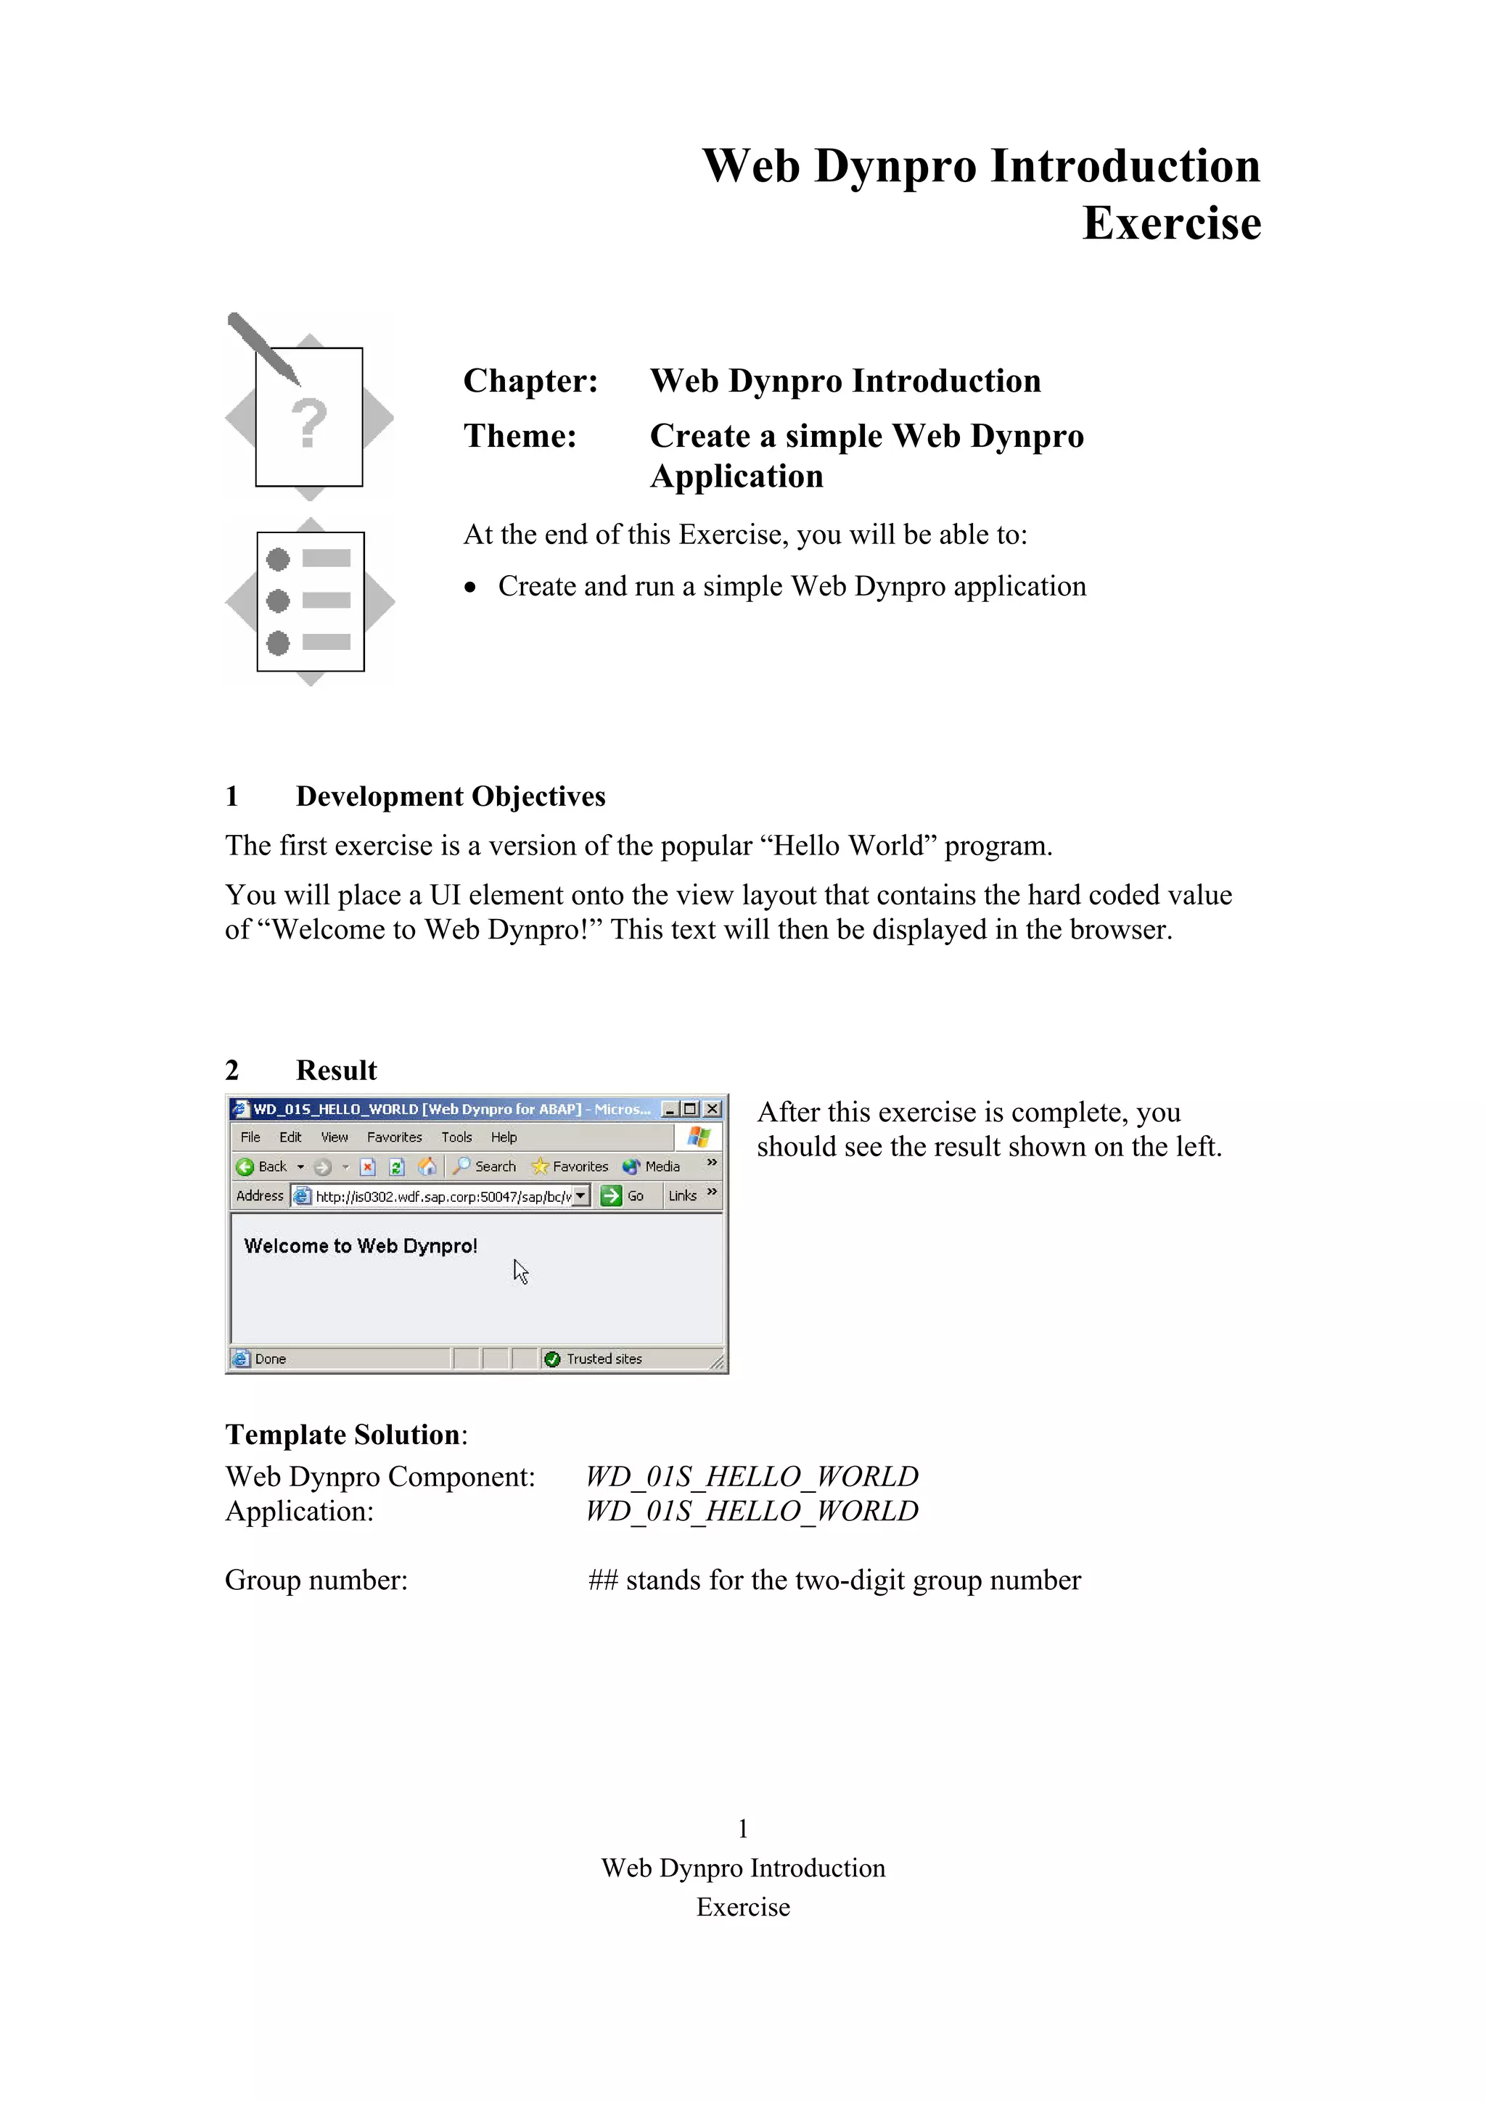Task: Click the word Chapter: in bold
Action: [530, 381]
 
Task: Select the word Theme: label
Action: [519, 436]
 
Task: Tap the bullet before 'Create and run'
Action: [471, 588]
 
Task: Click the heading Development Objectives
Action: [450, 796]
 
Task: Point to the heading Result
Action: [336, 1071]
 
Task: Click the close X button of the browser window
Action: [711, 1110]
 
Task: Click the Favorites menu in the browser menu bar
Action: [394, 1137]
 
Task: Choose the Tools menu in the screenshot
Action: [456, 1137]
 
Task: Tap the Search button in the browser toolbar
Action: [485, 1166]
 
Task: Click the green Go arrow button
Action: [611, 1195]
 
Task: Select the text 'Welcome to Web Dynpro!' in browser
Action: [360, 1246]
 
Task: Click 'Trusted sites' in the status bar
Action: [604, 1359]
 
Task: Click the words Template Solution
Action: [342, 1435]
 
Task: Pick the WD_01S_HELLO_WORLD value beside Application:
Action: [751, 1511]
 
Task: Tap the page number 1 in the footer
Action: [742, 1829]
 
